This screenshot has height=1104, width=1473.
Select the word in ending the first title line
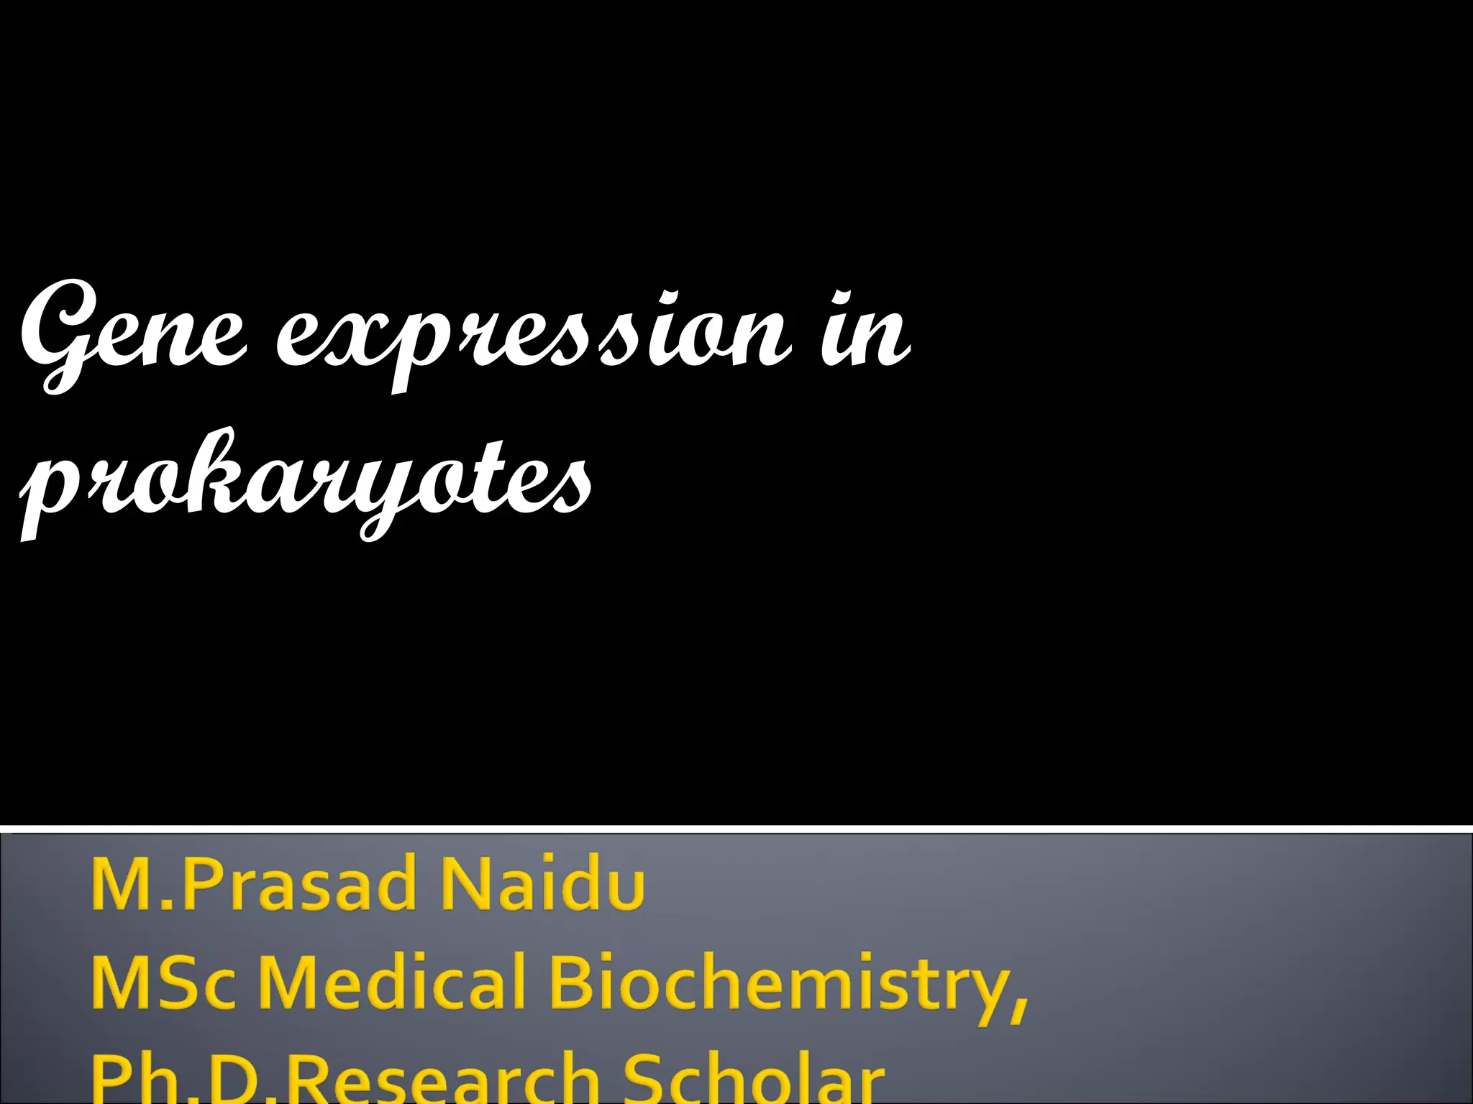coord(863,331)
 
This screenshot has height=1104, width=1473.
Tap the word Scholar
coord(752,1078)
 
